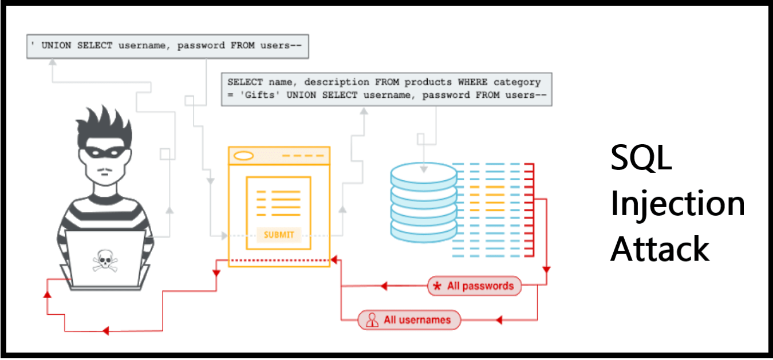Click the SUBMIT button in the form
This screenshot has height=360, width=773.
tap(279, 235)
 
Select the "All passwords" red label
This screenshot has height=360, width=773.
tap(474, 286)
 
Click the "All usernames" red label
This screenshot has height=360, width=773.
tap(409, 320)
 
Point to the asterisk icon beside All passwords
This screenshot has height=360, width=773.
tap(437, 286)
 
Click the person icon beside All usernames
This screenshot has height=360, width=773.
tap(372, 320)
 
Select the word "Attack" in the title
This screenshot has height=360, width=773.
tap(660, 249)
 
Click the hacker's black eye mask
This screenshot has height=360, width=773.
tap(104, 153)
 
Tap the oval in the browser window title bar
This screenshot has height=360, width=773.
tap(244, 155)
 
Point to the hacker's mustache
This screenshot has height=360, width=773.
tap(104, 171)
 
